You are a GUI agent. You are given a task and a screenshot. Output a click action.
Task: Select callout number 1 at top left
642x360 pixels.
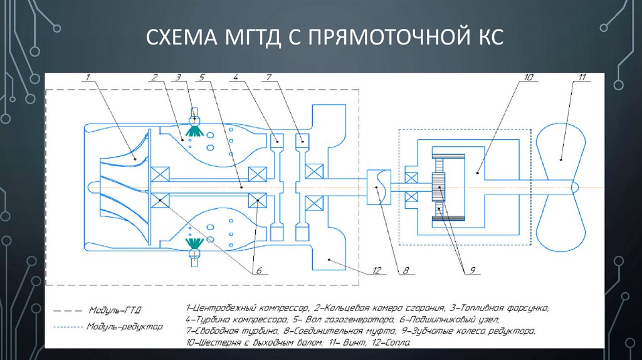[x=88, y=77]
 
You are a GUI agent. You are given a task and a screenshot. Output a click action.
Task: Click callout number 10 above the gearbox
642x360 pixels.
[x=528, y=77]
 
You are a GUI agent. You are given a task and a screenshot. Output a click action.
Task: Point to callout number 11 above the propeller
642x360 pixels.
[x=582, y=77]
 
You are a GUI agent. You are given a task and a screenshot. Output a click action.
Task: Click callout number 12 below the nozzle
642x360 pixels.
[x=376, y=271]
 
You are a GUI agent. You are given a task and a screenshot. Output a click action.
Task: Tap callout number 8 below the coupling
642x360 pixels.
[x=406, y=271]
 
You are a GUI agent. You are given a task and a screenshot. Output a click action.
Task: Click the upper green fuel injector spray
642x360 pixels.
[x=195, y=130]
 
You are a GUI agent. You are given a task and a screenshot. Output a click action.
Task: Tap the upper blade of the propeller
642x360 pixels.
[x=561, y=151]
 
